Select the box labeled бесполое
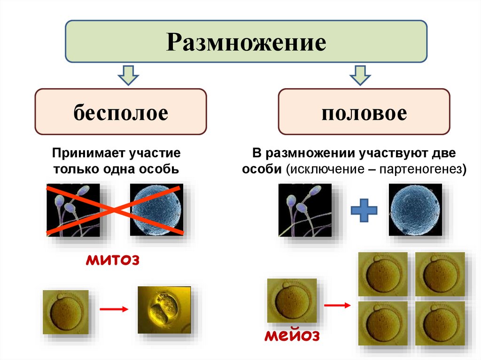[x=120, y=113]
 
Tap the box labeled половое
[x=364, y=113]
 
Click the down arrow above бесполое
[x=128, y=75]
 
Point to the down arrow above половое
[x=360, y=75]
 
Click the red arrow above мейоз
[x=337, y=306]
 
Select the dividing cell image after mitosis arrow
[x=164, y=310]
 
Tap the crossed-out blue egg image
[x=156, y=209]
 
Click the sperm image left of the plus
[x=305, y=209]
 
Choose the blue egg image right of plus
[x=415, y=209]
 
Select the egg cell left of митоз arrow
[x=65, y=312]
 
